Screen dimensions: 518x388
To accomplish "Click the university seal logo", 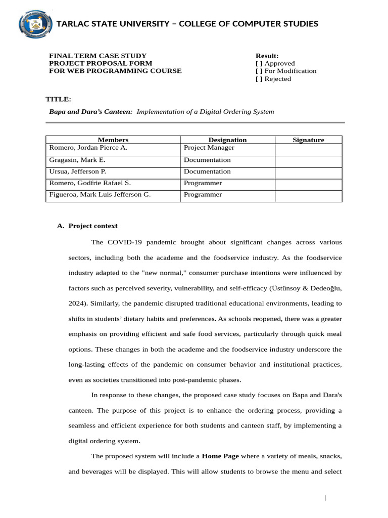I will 36,24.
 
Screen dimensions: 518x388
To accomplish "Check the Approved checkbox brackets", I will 259,63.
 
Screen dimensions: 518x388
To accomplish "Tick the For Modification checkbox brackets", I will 259,71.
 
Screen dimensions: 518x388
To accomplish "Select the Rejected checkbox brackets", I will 259,79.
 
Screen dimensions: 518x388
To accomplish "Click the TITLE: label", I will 59,99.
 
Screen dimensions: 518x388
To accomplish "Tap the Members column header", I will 113,140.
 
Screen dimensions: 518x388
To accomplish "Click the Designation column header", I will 227,140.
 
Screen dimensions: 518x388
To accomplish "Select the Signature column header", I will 308,140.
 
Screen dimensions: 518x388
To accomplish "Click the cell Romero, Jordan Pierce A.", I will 88,148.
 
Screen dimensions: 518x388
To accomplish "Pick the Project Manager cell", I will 209,148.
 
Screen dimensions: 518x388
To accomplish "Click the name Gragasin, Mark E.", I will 77,160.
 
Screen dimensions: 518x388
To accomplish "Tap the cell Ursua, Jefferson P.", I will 77,171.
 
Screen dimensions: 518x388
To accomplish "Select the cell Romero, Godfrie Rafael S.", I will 90,183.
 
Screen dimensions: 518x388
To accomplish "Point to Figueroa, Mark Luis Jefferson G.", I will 100,195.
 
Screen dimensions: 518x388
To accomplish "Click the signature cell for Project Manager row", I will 308,149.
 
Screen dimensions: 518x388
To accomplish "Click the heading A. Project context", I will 87,226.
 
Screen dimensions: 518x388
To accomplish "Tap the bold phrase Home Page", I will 220,456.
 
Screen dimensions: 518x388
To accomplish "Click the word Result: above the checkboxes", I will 267,56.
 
